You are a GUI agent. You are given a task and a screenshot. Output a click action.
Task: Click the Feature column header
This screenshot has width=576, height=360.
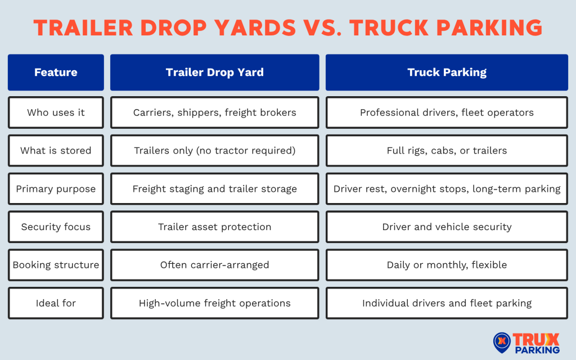(x=56, y=72)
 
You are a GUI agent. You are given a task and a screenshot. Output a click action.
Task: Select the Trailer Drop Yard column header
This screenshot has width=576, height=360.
(x=214, y=72)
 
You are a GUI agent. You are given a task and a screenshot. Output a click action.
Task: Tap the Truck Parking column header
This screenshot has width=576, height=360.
(x=447, y=72)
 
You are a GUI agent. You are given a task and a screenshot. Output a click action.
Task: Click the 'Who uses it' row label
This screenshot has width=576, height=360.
(x=56, y=112)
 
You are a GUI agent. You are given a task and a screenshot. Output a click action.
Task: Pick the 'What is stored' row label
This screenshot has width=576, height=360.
(x=56, y=150)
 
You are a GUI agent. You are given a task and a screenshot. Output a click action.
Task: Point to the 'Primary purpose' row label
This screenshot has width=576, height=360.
(x=56, y=188)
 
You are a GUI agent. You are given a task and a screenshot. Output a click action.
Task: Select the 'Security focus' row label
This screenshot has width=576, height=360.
(x=56, y=227)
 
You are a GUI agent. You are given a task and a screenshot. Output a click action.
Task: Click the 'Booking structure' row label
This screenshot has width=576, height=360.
(x=56, y=265)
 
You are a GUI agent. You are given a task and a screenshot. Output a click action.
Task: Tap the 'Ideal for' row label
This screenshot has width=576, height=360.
(x=56, y=303)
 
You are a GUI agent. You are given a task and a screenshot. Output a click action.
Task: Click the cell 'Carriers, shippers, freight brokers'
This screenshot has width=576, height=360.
(x=214, y=112)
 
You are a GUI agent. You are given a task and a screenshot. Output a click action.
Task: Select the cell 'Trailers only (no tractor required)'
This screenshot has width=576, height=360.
(x=214, y=150)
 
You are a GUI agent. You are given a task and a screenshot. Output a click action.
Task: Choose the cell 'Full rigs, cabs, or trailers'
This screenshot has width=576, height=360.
(x=447, y=150)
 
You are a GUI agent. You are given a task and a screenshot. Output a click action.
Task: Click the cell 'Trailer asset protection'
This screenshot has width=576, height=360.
(x=214, y=227)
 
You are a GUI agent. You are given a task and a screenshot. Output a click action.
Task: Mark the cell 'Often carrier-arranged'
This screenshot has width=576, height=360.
(x=214, y=265)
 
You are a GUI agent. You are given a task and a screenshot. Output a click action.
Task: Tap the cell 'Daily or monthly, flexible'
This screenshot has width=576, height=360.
(x=447, y=265)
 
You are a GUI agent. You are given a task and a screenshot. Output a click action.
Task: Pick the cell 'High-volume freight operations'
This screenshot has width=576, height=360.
(x=214, y=303)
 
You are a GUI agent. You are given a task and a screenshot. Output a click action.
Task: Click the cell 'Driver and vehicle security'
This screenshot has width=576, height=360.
(x=447, y=227)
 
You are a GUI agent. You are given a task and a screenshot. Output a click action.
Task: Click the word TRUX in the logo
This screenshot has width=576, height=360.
(x=537, y=339)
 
